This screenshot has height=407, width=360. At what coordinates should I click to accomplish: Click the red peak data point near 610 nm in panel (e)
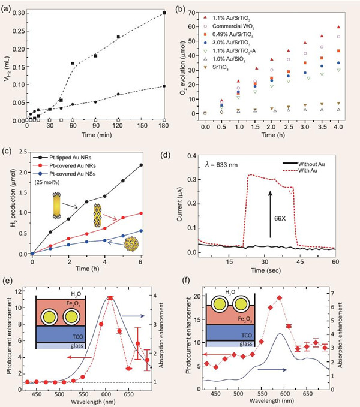pyautogui.click(x=110, y=297)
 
